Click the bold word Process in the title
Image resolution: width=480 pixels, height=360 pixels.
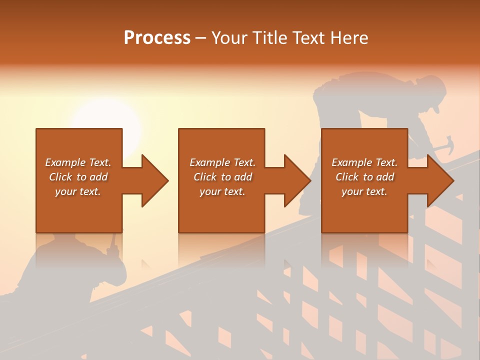click(x=157, y=38)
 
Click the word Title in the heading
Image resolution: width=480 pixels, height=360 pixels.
click(x=269, y=38)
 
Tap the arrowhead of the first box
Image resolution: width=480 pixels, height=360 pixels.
click(x=152, y=180)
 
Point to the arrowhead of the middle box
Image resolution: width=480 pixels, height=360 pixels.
click(x=294, y=180)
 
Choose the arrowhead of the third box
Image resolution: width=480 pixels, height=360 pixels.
click(x=437, y=180)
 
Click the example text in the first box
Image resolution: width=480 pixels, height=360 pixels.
click(x=78, y=177)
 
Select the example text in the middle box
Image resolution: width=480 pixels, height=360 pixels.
click(x=222, y=177)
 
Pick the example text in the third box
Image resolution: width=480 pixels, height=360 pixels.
click(x=364, y=177)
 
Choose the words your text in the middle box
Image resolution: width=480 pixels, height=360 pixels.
click(x=222, y=191)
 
